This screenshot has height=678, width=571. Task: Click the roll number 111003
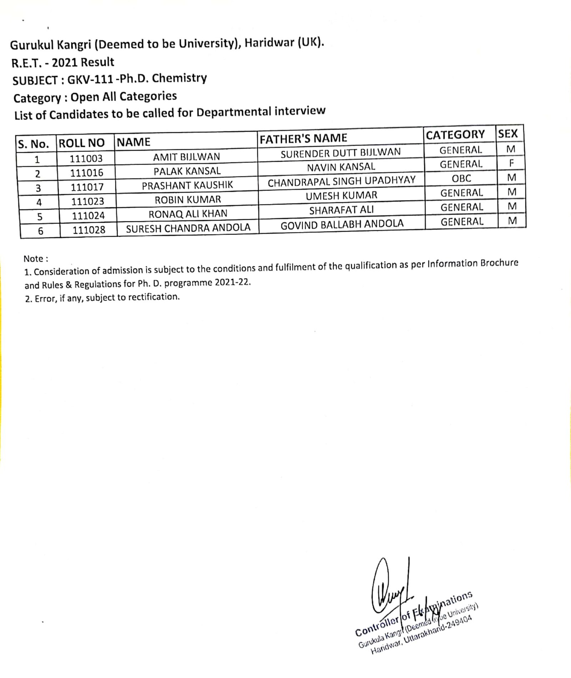tap(86, 158)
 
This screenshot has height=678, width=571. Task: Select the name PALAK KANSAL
tap(187, 171)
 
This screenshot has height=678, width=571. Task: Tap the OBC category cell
tap(461, 178)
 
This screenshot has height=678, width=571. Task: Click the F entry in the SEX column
tap(511, 163)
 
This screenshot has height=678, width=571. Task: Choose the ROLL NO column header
tap(81, 143)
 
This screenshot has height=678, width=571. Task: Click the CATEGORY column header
tap(455, 135)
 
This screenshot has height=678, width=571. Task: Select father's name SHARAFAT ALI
tap(341, 210)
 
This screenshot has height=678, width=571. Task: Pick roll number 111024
tap(88, 216)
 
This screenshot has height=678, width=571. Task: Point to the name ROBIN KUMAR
tap(188, 199)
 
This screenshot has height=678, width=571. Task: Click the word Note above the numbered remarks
tap(34, 258)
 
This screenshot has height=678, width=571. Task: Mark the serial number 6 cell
tap(40, 231)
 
